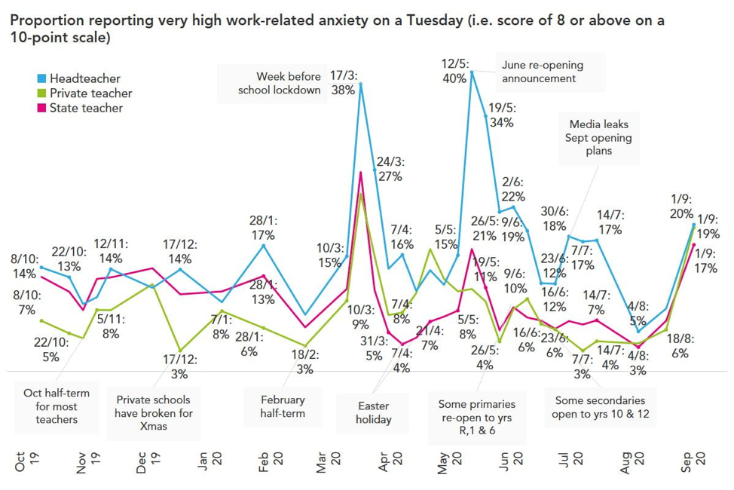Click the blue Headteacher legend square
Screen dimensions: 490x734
[41, 78]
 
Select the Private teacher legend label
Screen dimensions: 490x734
[90, 93]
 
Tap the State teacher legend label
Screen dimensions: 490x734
[86, 108]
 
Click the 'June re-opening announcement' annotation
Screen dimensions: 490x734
[542, 72]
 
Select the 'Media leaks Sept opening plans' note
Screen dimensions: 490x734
[600, 136]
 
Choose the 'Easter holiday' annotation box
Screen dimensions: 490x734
[373, 412]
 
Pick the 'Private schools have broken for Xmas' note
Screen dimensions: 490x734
[154, 412]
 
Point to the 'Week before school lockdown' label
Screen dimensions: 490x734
[279, 83]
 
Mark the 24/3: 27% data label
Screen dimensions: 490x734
[390, 169]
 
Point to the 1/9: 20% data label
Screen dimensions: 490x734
[684, 209]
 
